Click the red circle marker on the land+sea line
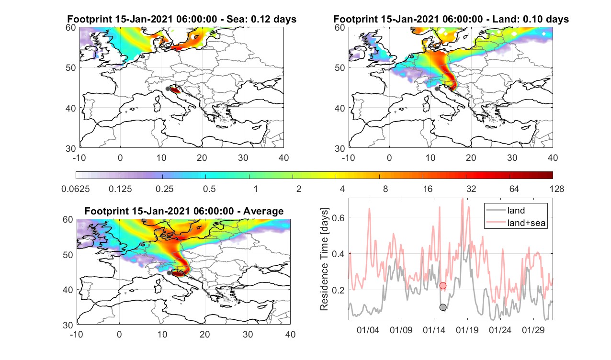click(443, 285)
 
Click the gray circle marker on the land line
click(443, 307)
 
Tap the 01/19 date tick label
click(467, 330)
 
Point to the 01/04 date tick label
click(368, 330)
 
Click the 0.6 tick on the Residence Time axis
click(338, 217)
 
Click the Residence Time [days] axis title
click(324, 259)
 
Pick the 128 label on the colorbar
click(556, 189)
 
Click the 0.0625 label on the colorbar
click(76, 189)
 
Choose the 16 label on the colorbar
click(428, 189)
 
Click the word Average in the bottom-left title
click(263, 212)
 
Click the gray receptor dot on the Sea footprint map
click(168, 89)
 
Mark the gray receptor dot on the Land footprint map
click(437, 89)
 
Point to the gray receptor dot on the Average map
click(169, 273)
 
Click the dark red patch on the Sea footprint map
click(175, 90)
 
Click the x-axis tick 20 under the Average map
click(204, 334)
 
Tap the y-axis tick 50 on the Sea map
click(71, 68)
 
